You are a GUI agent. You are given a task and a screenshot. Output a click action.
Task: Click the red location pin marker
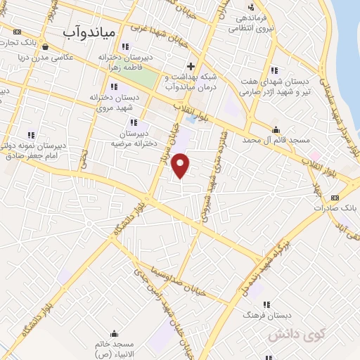click(x=181, y=165)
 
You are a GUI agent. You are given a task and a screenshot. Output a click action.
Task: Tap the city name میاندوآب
click(x=87, y=32)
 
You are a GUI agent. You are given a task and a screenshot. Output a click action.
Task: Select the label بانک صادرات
click(x=330, y=209)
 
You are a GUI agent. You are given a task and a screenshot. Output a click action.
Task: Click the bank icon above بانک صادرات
click(x=335, y=198)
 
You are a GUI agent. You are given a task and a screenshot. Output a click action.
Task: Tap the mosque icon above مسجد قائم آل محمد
click(x=275, y=130)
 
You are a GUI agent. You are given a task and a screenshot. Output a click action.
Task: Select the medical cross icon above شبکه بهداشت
click(x=191, y=66)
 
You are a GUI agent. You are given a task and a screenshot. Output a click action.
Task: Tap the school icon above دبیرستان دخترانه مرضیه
click(x=134, y=122)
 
